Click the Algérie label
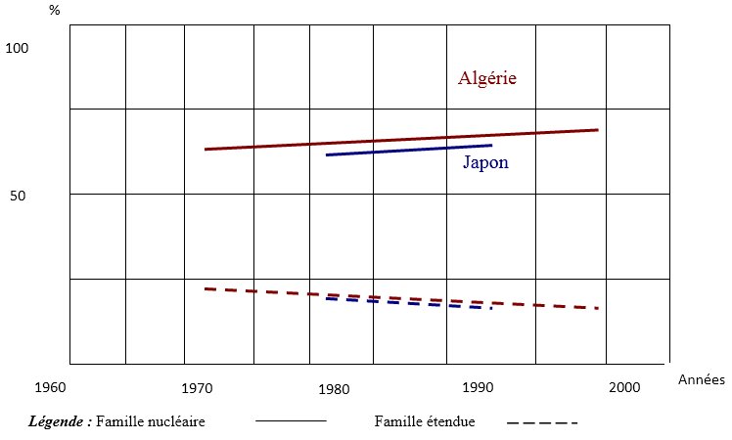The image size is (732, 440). [486, 78]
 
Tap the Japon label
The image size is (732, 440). [485, 162]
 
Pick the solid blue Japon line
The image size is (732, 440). [408, 150]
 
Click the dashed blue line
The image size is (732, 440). [411, 302]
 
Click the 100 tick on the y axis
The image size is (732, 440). [19, 48]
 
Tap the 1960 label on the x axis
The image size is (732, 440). [49, 387]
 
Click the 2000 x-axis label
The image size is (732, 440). [623, 387]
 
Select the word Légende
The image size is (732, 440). [61, 421]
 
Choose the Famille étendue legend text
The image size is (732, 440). [425, 421]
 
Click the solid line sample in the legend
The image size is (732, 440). [291, 421]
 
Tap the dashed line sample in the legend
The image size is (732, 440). [543, 422]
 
